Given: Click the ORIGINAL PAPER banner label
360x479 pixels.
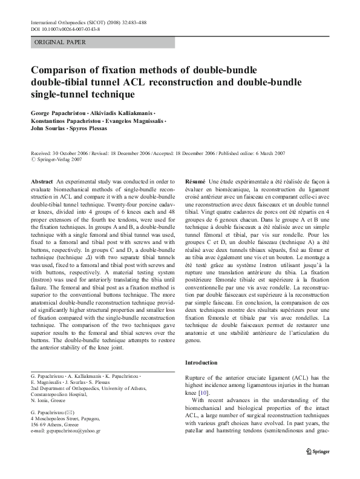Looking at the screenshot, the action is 61,42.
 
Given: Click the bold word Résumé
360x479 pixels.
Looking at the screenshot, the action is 195,181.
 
